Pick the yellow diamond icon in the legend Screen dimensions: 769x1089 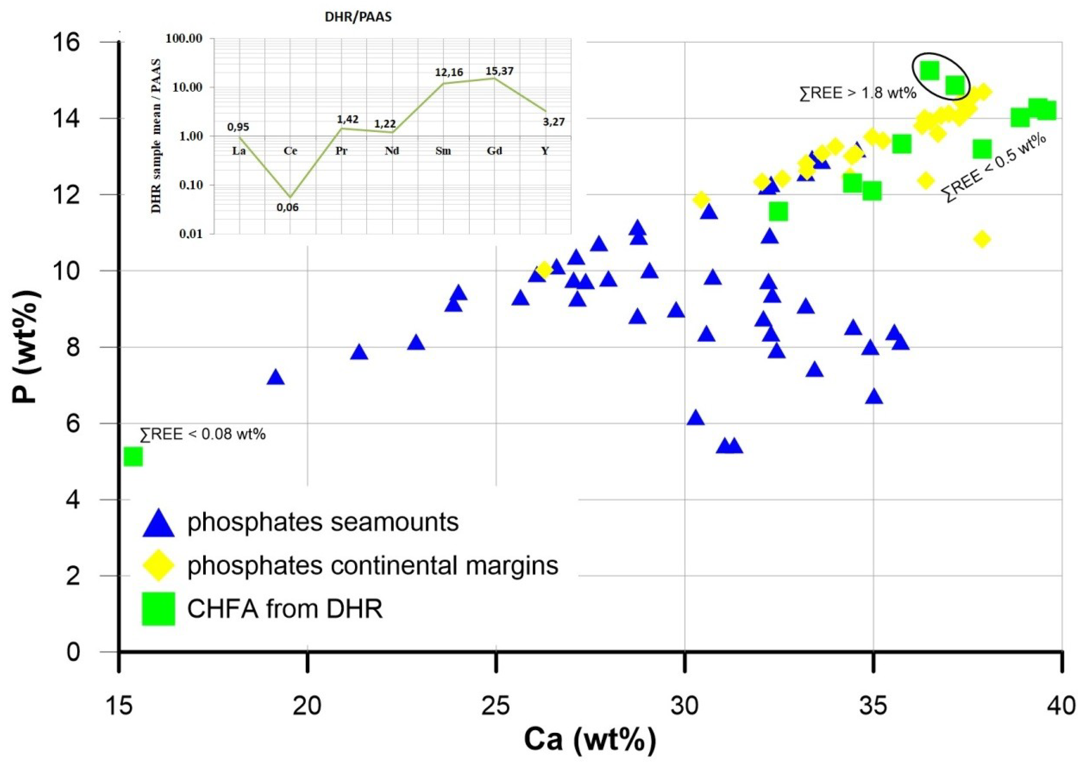point(158,566)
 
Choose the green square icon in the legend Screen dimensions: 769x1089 point(158,609)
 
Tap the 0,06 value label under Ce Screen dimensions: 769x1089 point(288,207)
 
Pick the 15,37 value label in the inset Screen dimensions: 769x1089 point(499,71)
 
